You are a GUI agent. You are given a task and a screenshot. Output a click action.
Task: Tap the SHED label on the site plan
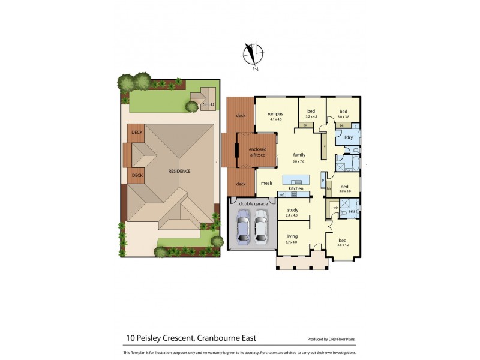tap(208, 104)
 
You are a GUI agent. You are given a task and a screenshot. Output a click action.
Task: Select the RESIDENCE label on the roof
tap(179, 171)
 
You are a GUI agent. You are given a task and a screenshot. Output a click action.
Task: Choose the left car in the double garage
tap(243, 228)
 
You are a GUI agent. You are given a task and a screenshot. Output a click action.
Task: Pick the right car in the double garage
tap(260, 228)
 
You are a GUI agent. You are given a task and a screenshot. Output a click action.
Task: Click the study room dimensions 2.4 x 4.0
tap(292, 215)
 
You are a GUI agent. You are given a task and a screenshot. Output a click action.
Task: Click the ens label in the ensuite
tap(352, 211)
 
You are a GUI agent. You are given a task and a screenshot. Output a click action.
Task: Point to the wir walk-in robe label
tap(335, 208)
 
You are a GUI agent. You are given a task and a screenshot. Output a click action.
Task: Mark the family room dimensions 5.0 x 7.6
tap(298, 161)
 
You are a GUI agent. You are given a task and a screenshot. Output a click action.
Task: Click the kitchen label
tap(296, 189)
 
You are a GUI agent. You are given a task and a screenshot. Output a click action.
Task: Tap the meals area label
tap(266, 184)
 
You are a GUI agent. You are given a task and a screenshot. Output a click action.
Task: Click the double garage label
tap(252, 203)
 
